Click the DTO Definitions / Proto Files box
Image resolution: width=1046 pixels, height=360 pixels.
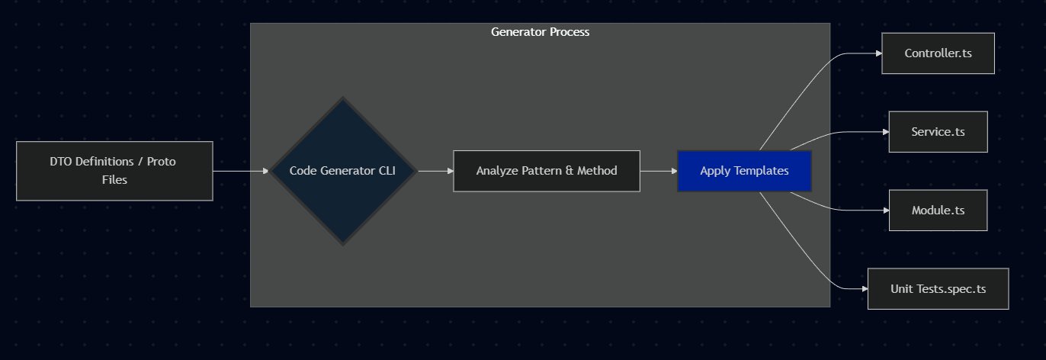(x=114, y=171)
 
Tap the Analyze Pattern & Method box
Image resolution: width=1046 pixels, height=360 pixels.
(x=546, y=171)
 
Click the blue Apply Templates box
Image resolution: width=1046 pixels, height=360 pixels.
(x=744, y=171)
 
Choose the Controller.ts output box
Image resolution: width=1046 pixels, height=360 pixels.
(x=938, y=53)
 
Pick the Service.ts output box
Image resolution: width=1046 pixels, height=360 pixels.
(x=938, y=132)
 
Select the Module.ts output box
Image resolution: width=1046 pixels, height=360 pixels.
(x=938, y=211)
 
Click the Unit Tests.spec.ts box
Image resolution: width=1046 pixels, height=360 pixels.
(x=938, y=289)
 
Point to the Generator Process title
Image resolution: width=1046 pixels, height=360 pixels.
(x=540, y=32)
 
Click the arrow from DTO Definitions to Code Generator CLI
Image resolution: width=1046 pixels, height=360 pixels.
(x=240, y=171)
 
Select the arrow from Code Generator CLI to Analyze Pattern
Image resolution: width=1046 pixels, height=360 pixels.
(x=435, y=171)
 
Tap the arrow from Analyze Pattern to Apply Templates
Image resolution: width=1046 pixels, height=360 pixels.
(x=658, y=171)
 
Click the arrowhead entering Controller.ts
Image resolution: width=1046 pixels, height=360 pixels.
(x=878, y=53)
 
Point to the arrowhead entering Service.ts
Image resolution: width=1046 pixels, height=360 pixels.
(x=885, y=132)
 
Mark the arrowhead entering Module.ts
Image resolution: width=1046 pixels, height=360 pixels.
(x=885, y=211)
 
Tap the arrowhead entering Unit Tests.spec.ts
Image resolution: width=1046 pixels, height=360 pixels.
(x=864, y=289)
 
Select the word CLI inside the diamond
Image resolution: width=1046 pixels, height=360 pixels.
(x=387, y=171)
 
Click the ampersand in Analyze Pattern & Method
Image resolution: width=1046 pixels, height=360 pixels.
(x=569, y=171)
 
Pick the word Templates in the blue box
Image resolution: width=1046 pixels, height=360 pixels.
(x=762, y=171)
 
